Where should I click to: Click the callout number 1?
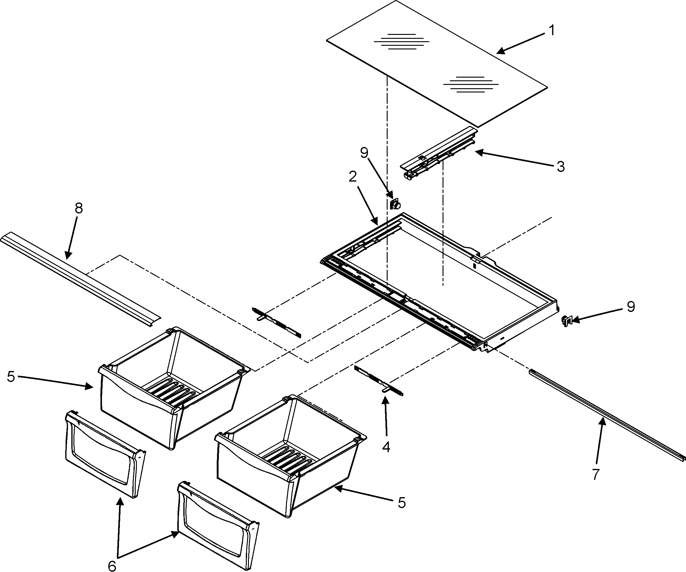[x=552, y=30]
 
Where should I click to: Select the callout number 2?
[x=352, y=176]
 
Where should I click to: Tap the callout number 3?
[x=561, y=167]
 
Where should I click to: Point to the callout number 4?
[x=386, y=447]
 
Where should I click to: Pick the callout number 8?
[x=79, y=208]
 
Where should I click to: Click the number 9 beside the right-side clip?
[x=631, y=307]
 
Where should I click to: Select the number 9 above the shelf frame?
[x=364, y=152]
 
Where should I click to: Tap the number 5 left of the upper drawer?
[x=11, y=376]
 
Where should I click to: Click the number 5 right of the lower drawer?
[x=402, y=503]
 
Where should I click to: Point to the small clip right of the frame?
[x=566, y=321]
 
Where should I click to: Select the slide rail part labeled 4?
[x=379, y=380]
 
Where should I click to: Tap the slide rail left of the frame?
[x=276, y=322]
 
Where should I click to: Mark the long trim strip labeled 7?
[x=604, y=414]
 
